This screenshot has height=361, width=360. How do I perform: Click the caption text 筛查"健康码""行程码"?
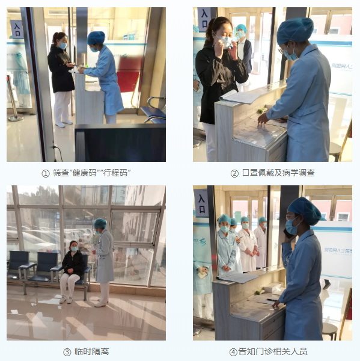point(91,173)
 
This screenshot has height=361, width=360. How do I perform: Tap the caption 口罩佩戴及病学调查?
point(278,173)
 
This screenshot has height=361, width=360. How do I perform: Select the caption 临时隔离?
point(91,351)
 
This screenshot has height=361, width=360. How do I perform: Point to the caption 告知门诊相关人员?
point(278,351)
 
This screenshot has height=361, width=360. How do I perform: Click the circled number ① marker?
point(45,173)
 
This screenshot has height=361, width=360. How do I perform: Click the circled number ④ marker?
point(233,351)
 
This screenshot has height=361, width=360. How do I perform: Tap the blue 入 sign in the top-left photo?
point(17,29)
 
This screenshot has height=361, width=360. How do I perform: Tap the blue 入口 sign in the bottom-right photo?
point(201,202)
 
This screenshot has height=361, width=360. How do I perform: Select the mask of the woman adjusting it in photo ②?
point(224,42)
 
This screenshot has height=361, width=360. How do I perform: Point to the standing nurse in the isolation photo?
point(103,262)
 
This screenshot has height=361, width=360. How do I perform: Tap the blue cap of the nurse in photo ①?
point(96,38)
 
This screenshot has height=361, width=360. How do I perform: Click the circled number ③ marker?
point(67,351)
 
